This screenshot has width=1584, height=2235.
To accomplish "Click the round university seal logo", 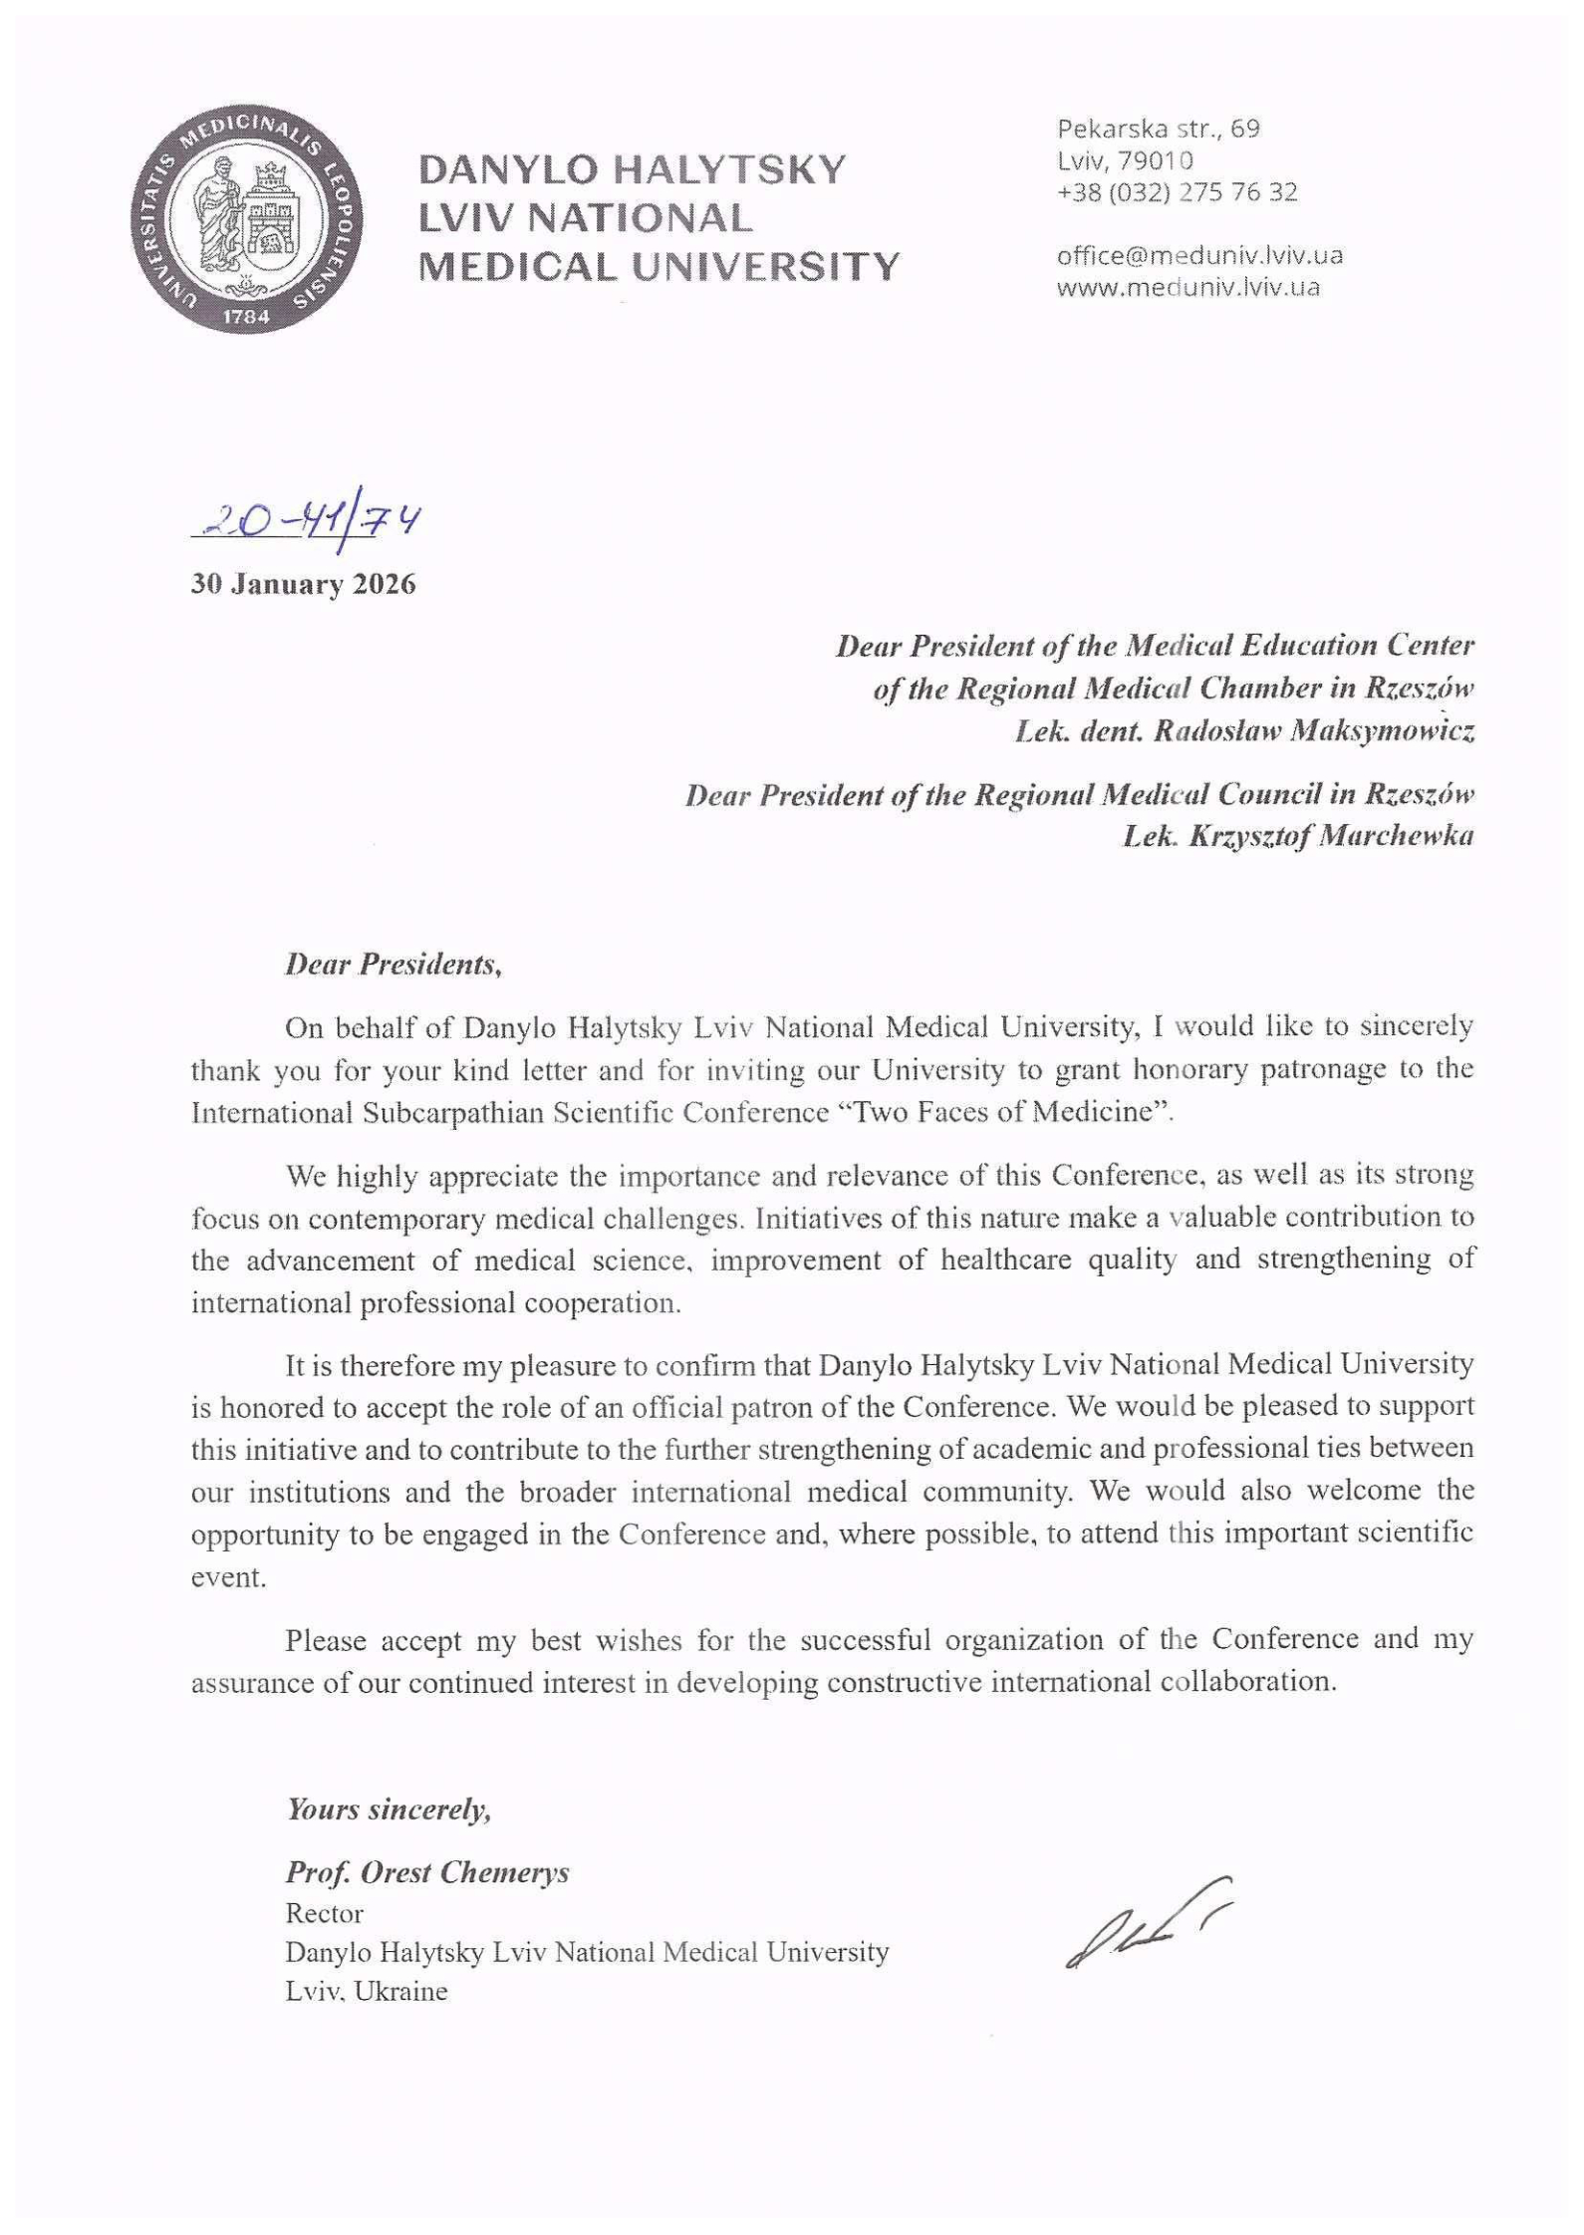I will click(x=246, y=217).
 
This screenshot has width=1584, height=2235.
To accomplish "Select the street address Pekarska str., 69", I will click(x=1159, y=129).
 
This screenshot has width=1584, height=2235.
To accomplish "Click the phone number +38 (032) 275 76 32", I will click(x=1178, y=192).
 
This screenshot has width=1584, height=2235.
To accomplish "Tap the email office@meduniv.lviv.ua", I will click(x=1199, y=256).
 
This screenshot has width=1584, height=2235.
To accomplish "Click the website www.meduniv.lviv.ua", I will click(x=1188, y=288).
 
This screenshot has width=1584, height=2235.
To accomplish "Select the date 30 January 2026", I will click(x=303, y=584).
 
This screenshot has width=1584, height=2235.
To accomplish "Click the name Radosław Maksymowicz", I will click(x=1313, y=732).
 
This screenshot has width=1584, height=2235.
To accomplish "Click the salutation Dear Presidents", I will click(x=393, y=965).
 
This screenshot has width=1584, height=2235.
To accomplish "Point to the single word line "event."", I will click(x=228, y=1578).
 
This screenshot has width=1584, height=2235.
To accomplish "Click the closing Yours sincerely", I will click(x=389, y=1810).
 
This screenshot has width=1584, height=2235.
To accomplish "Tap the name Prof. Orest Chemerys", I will click(x=427, y=1872).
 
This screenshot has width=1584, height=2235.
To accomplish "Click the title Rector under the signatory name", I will click(x=324, y=1913).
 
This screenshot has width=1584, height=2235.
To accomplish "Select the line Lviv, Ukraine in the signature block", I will click(x=366, y=1992).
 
